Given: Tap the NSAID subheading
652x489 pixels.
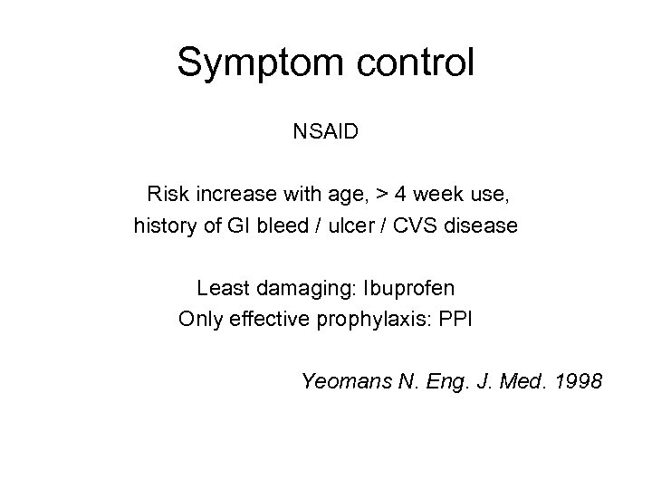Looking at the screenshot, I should pos(326,132).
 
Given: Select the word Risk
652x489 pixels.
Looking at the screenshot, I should pos(167,194).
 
